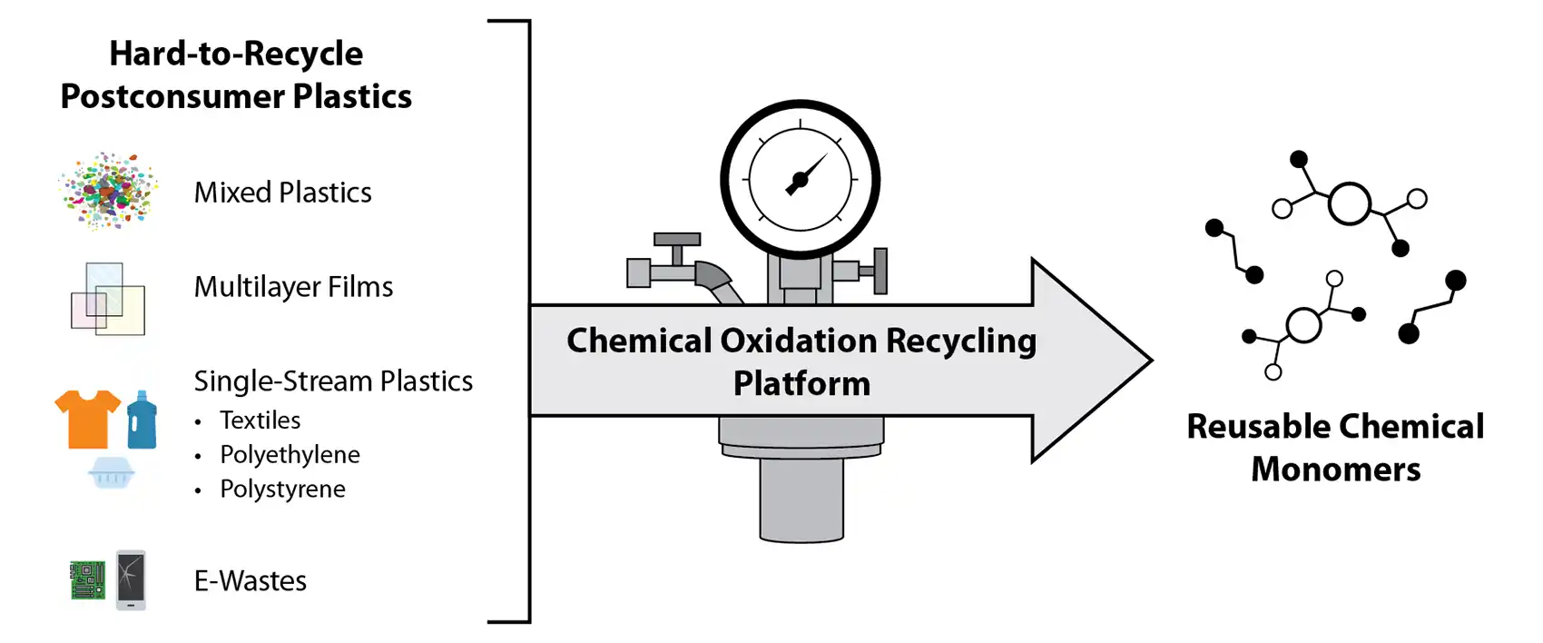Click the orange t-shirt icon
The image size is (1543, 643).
[87, 418]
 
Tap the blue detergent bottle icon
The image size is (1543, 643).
[142, 420]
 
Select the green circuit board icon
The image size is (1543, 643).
[88, 580]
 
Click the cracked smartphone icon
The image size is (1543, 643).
[131, 579]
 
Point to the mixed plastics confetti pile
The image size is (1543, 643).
[107, 191]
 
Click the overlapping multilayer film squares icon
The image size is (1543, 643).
[108, 298]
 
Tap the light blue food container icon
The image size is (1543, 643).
[113, 472]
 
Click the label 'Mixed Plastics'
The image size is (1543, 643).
[282, 193]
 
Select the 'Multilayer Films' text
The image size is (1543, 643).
[293, 287]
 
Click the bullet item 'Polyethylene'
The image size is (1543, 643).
[290, 454]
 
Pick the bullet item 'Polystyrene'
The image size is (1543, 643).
[282, 489]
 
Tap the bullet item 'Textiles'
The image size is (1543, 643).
[260, 420]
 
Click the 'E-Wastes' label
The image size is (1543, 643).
[251, 581]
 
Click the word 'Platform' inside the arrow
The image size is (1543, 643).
[801, 383]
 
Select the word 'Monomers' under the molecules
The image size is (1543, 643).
[1335, 470]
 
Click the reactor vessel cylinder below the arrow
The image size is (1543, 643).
[801, 500]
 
